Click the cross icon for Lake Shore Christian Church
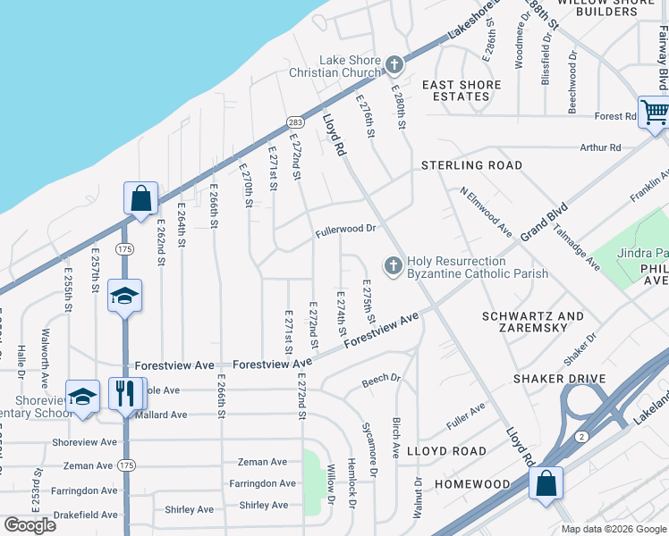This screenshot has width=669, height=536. pyautogui.click(x=394, y=64)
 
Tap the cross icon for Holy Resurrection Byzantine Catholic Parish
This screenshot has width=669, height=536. pyautogui.click(x=392, y=266)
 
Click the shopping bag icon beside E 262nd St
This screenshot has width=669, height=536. pyautogui.click(x=141, y=198)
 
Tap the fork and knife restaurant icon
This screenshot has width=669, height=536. pyautogui.click(x=124, y=393)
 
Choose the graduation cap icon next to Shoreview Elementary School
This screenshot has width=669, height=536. pyautogui.click(x=82, y=396)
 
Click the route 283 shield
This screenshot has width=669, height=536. pyautogui.click(x=295, y=121)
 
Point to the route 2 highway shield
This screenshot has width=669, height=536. pyautogui.click(x=581, y=436)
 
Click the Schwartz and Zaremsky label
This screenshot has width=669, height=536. pyautogui.click(x=532, y=322)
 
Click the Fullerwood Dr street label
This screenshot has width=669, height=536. pyautogui.click(x=344, y=230)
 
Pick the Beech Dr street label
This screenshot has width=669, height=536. pyautogui.click(x=382, y=380)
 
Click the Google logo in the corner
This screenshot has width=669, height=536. pyautogui.click(x=30, y=525)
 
